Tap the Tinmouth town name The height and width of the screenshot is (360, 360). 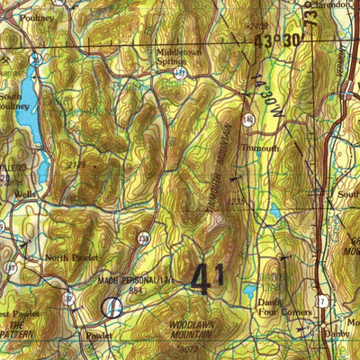tap(261, 148)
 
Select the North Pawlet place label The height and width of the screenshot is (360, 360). tap(72, 257)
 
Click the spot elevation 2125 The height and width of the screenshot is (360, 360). tap(76, 164)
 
